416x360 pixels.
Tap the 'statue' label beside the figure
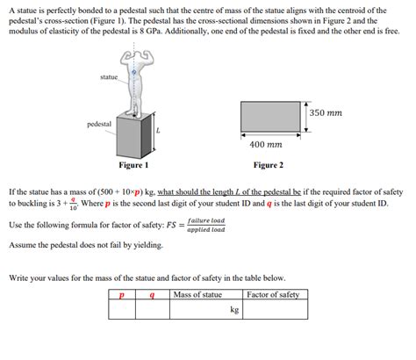pyautogui.click(x=109, y=78)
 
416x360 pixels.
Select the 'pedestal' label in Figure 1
pyautogui.click(x=98, y=124)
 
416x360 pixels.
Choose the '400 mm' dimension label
pyautogui.click(x=266, y=144)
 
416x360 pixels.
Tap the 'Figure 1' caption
pyautogui.click(x=133, y=164)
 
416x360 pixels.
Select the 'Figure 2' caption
pyautogui.click(x=268, y=164)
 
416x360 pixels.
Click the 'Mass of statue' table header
pyautogui.click(x=198, y=294)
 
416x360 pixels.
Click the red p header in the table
pyautogui.click(x=122, y=295)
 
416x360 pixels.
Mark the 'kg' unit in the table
pyautogui.click(x=234, y=309)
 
